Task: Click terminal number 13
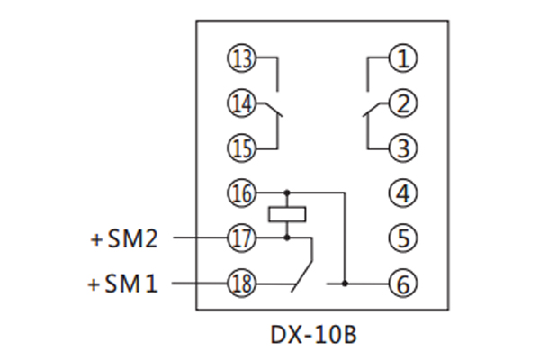(241, 60)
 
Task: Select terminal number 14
(241, 104)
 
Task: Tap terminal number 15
(241, 148)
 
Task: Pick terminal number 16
(241, 193)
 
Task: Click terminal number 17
(241, 238)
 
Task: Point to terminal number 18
(241, 283)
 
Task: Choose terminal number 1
(403, 60)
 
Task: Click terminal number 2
(403, 104)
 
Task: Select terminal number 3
(403, 148)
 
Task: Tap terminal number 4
(403, 193)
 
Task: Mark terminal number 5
(403, 238)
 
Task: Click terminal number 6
(403, 283)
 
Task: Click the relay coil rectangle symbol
(287, 214)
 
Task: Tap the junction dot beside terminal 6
(344, 283)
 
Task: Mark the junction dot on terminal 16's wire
(287, 193)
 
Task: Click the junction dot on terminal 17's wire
(287, 238)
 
